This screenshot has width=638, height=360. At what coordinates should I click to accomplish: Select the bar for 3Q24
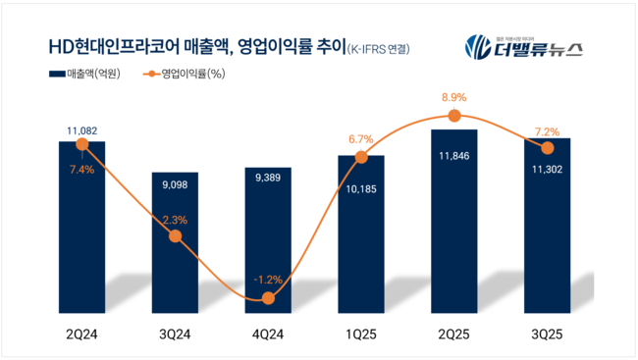click(175, 245)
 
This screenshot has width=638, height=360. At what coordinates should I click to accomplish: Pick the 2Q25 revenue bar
click(453, 221)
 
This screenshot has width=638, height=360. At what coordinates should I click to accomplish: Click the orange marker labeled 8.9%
click(453, 116)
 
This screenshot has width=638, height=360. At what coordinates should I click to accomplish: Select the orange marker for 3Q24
click(175, 236)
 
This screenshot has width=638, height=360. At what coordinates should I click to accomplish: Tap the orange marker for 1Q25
click(361, 157)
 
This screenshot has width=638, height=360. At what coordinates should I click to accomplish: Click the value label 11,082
click(81, 130)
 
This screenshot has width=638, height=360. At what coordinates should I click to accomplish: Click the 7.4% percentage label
click(81, 169)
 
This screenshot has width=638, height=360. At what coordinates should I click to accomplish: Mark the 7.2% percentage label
click(546, 129)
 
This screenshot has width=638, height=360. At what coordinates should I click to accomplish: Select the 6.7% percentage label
click(361, 139)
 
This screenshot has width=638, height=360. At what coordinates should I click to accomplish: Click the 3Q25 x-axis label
click(546, 334)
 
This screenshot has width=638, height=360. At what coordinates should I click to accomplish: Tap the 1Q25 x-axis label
click(361, 334)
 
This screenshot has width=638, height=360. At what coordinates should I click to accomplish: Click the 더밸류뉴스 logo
click(524, 46)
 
